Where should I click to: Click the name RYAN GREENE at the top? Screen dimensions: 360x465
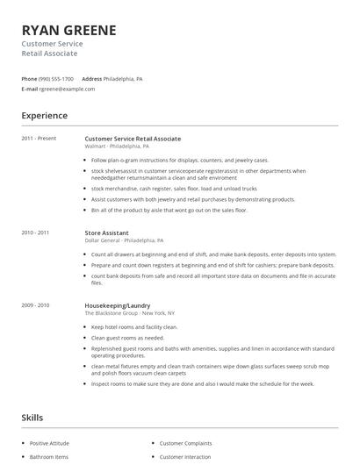(68, 30)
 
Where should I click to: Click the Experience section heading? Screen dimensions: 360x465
(44, 115)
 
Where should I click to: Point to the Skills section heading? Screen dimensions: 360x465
(32, 418)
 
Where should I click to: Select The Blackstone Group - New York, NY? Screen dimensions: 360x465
(130, 312)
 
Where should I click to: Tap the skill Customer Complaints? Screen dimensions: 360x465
(187, 443)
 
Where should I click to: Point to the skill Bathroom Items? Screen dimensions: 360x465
(48, 456)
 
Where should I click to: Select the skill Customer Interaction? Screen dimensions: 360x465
(187, 456)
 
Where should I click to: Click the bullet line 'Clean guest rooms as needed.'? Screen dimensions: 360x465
(127, 337)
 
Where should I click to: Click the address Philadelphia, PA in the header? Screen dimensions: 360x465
(123, 78)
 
